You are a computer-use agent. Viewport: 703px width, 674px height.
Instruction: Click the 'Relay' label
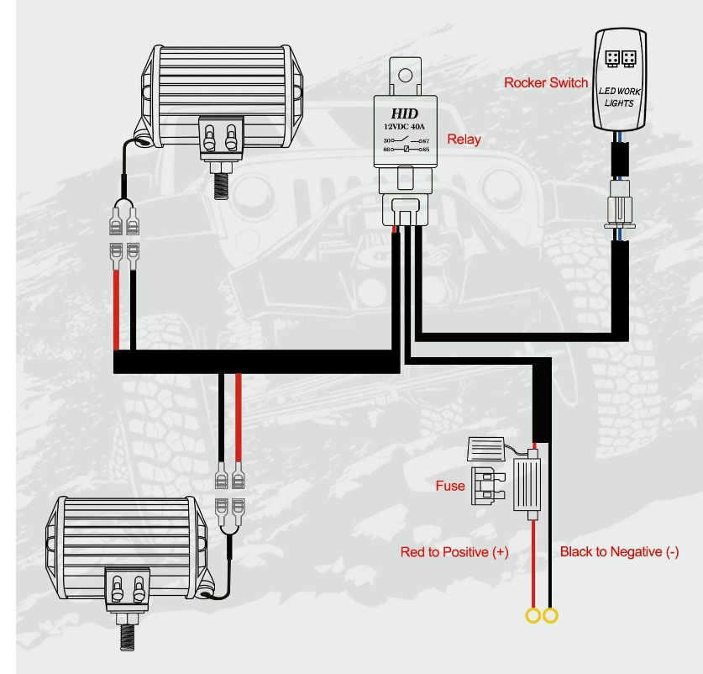pyautogui.click(x=464, y=139)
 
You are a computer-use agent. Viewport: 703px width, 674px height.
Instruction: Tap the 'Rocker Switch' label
pyautogui.click(x=545, y=82)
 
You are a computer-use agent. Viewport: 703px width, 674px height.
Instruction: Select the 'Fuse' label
pyautogui.click(x=449, y=486)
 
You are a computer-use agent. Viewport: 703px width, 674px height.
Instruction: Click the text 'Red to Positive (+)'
pyautogui.click(x=454, y=552)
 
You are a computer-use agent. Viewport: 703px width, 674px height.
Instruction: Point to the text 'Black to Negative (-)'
pyautogui.click(x=619, y=552)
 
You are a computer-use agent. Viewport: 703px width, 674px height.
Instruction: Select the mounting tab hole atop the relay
pyautogui.click(x=404, y=75)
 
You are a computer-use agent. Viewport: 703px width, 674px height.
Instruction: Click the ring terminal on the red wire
pyautogui.click(x=532, y=617)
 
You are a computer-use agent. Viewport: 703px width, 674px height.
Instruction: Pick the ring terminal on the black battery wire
pyautogui.click(x=551, y=617)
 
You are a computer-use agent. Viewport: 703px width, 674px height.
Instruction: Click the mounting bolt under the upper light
pyautogui.click(x=222, y=180)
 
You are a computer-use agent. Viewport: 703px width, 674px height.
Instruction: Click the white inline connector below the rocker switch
pyautogui.click(x=620, y=210)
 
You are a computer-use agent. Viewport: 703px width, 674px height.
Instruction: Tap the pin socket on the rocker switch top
pyautogui.click(x=620, y=58)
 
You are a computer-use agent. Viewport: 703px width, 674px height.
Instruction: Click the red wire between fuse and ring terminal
pyautogui.click(x=532, y=563)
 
